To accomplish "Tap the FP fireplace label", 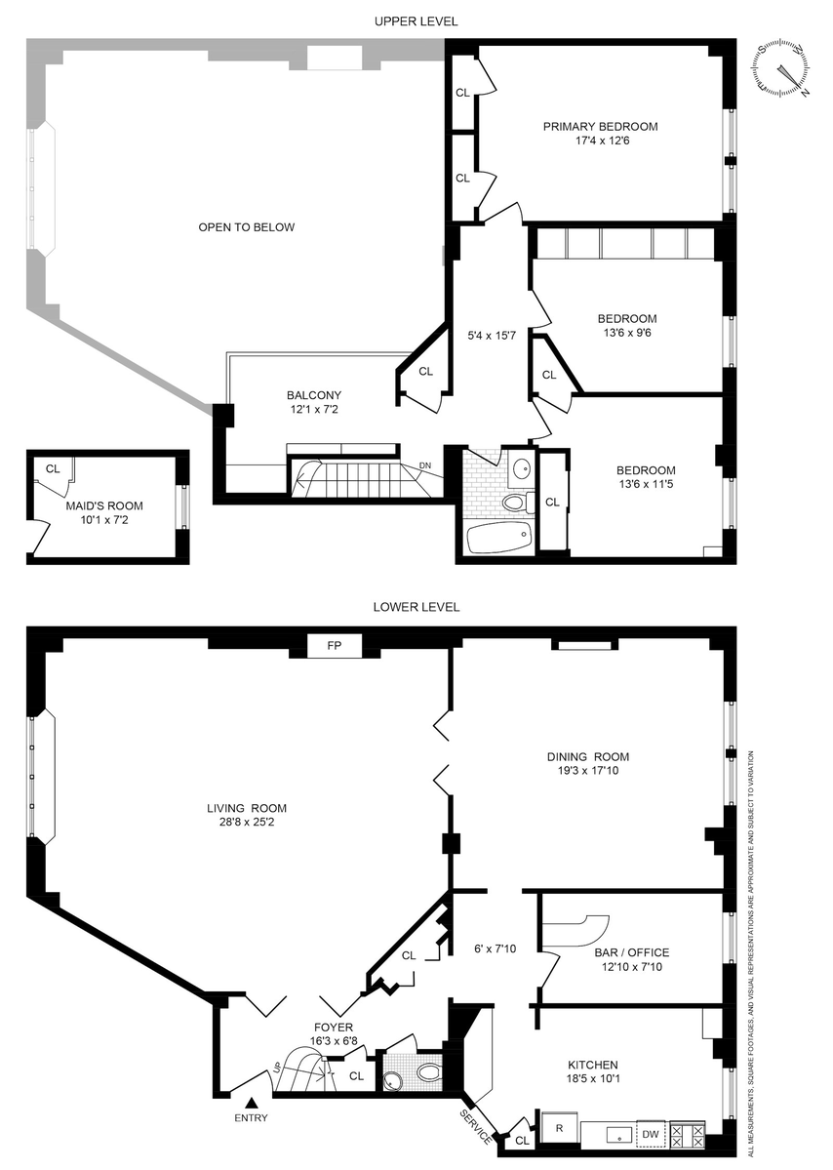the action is point(335,646).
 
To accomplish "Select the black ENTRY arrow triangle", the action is point(252,1102).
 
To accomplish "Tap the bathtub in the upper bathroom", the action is point(498,537).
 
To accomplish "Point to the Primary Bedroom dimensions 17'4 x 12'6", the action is point(602,141).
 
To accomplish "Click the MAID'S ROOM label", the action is point(104,505).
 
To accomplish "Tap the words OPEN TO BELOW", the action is point(246,227).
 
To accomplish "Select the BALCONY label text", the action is point(314,395).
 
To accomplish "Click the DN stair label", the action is point(425,465).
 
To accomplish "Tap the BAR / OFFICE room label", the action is point(632,952).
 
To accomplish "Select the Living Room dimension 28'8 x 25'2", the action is point(247,823).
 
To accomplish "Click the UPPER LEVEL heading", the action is point(416,21).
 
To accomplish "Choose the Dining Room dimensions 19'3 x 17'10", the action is point(587,771).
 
